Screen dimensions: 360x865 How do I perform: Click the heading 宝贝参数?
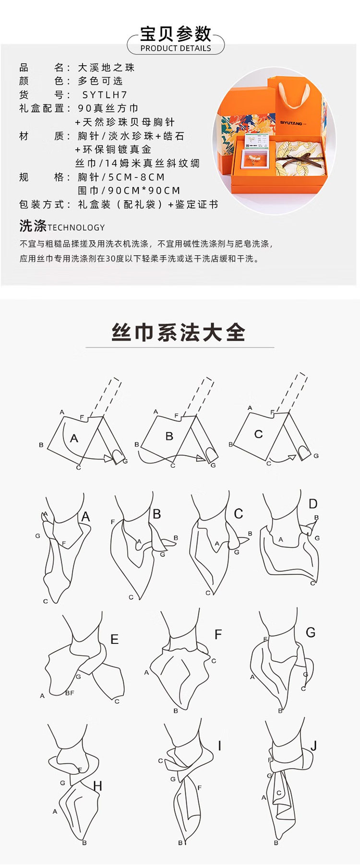coord(176,34)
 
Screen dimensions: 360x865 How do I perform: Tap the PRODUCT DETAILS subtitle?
coord(176,48)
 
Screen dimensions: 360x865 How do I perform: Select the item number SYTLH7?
coord(105,95)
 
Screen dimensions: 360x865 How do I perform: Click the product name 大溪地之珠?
coord(107,67)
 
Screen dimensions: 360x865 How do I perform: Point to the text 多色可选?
coord(101,81)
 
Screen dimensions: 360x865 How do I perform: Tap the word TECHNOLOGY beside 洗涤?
coord(76,227)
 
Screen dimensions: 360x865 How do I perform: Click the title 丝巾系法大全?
coord(179,332)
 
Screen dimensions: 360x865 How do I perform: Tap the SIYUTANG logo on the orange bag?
coord(291,123)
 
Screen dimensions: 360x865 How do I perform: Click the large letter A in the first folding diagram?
coord(74,438)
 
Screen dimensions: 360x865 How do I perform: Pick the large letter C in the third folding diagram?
coord(258,434)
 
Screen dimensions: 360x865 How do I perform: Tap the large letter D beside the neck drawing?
coord(313,504)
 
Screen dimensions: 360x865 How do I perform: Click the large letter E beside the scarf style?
coord(114,639)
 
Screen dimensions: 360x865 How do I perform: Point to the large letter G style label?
coord(311,632)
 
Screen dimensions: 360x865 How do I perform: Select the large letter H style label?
coord(98,786)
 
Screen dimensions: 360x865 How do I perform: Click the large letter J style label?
coord(313,746)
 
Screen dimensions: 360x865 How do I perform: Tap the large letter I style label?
coord(219,746)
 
